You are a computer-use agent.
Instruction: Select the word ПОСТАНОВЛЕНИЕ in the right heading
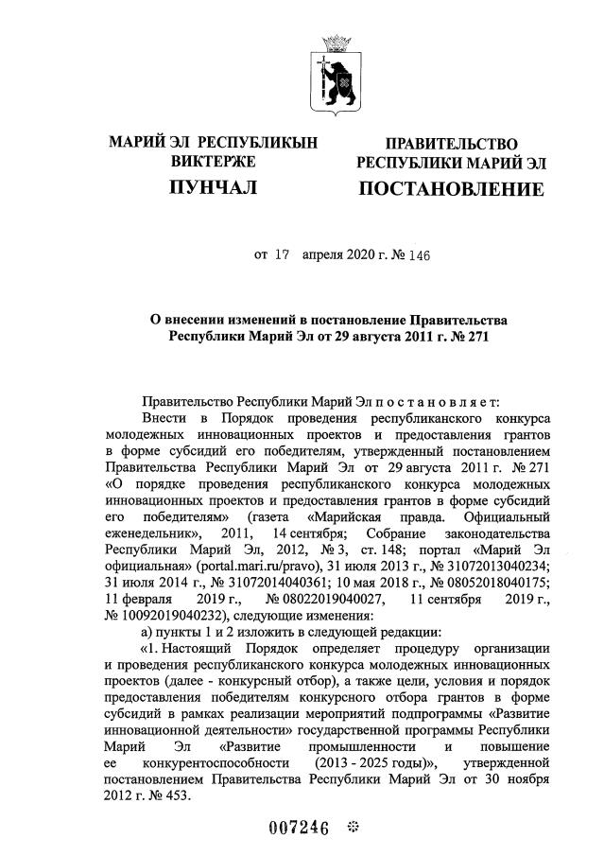pyautogui.click(x=450, y=189)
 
